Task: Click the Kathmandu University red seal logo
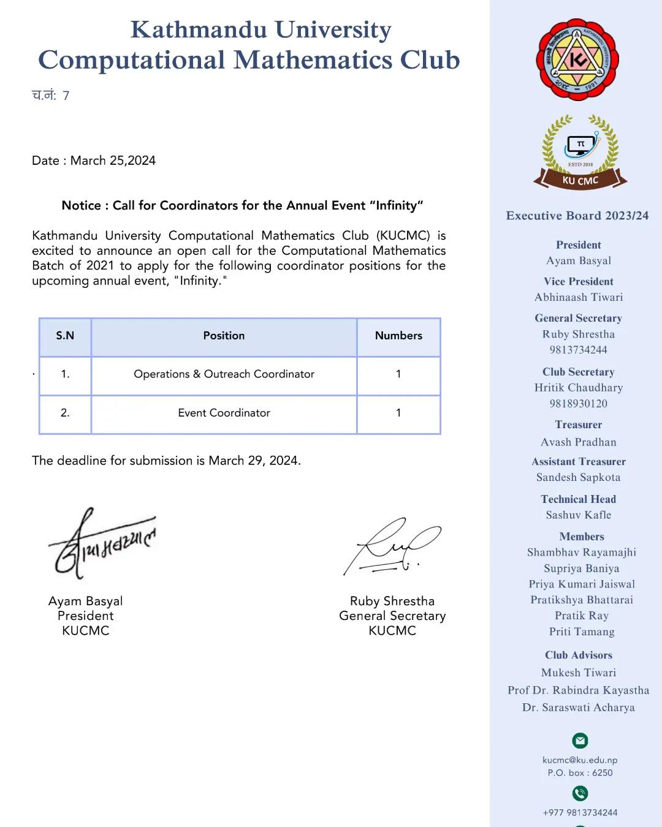pyautogui.click(x=577, y=59)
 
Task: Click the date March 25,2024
pyautogui.click(x=113, y=160)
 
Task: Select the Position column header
pyautogui.click(x=224, y=336)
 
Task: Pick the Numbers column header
pyautogui.click(x=398, y=336)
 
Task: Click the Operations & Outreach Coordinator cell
pyautogui.click(x=224, y=374)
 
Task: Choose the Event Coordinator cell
pyautogui.click(x=224, y=413)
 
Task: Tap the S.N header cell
pyautogui.click(x=65, y=336)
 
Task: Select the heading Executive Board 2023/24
pyautogui.click(x=577, y=216)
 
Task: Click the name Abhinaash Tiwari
pyautogui.click(x=579, y=297)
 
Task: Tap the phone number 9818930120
pyautogui.click(x=579, y=404)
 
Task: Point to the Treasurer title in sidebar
pyautogui.click(x=579, y=425)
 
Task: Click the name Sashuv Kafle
pyautogui.click(x=579, y=515)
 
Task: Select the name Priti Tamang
pyautogui.click(x=582, y=632)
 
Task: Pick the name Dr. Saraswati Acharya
pyautogui.click(x=579, y=708)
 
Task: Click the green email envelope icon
pyautogui.click(x=580, y=741)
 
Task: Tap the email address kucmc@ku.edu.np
pyautogui.click(x=580, y=760)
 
